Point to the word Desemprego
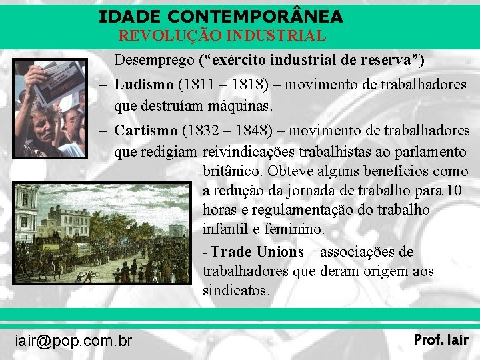pyautogui.click(x=154, y=60)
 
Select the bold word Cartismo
pyautogui.click(x=146, y=130)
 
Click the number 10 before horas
pyautogui.click(x=453, y=191)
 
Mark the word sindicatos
pyautogui.click(x=236, y=291)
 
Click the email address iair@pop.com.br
pyautogui.click(x=73, y=341)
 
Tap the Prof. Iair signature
pyautogui.click(x=441, y=340)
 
